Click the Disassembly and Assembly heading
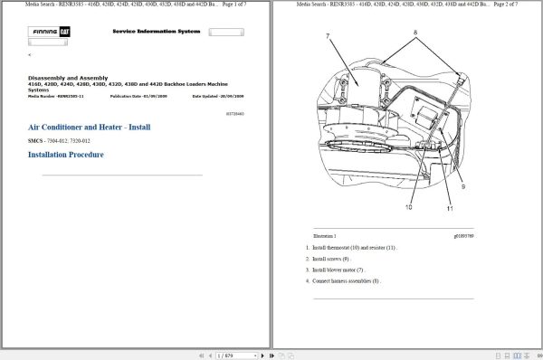click(x=71, y=77)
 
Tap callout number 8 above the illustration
click(x=415, y=32)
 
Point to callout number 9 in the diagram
click(x=462, y=187)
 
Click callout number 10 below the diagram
click(x=408, y=207)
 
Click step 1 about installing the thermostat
click(x=352, y=247)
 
